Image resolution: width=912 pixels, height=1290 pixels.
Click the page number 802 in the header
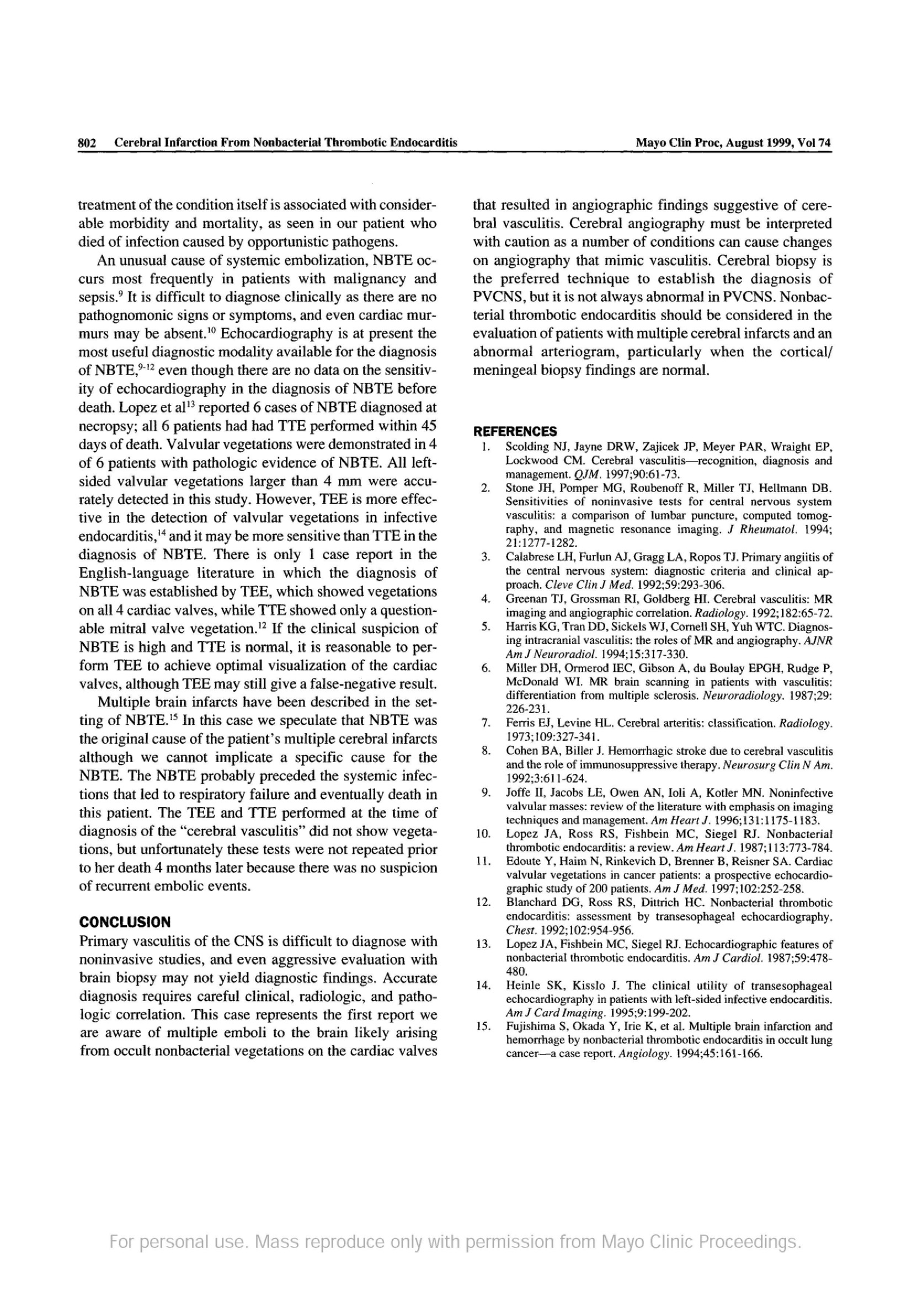(88, 143)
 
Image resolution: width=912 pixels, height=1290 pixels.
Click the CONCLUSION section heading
(124, 922)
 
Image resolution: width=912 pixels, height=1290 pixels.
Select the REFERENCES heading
(515, 431)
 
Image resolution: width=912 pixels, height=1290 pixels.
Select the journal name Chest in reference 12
(518, 930)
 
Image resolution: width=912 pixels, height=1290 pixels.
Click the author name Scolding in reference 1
(526, 447)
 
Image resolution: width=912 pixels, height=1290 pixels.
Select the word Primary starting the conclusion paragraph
(104, 941)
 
